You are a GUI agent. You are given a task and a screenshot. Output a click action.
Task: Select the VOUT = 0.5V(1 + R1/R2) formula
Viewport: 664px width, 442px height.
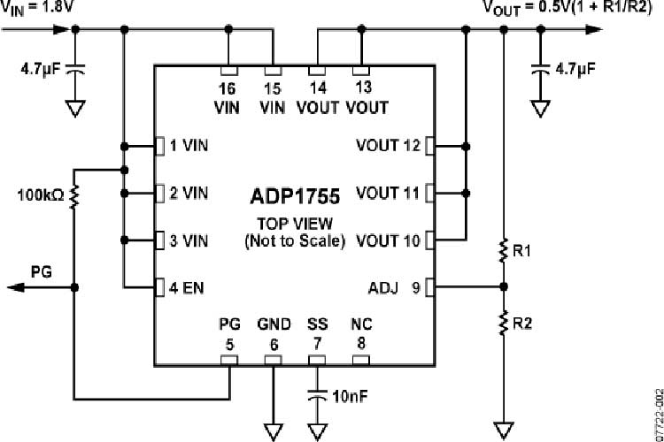coord(572,8)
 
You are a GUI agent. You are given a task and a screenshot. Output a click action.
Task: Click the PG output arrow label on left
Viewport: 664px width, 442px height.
coord(42,271)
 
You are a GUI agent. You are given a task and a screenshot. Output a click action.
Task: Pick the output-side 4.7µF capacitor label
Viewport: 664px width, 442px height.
coord(576,66)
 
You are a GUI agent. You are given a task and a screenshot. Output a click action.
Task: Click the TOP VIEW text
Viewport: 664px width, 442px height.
coord(293,223)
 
